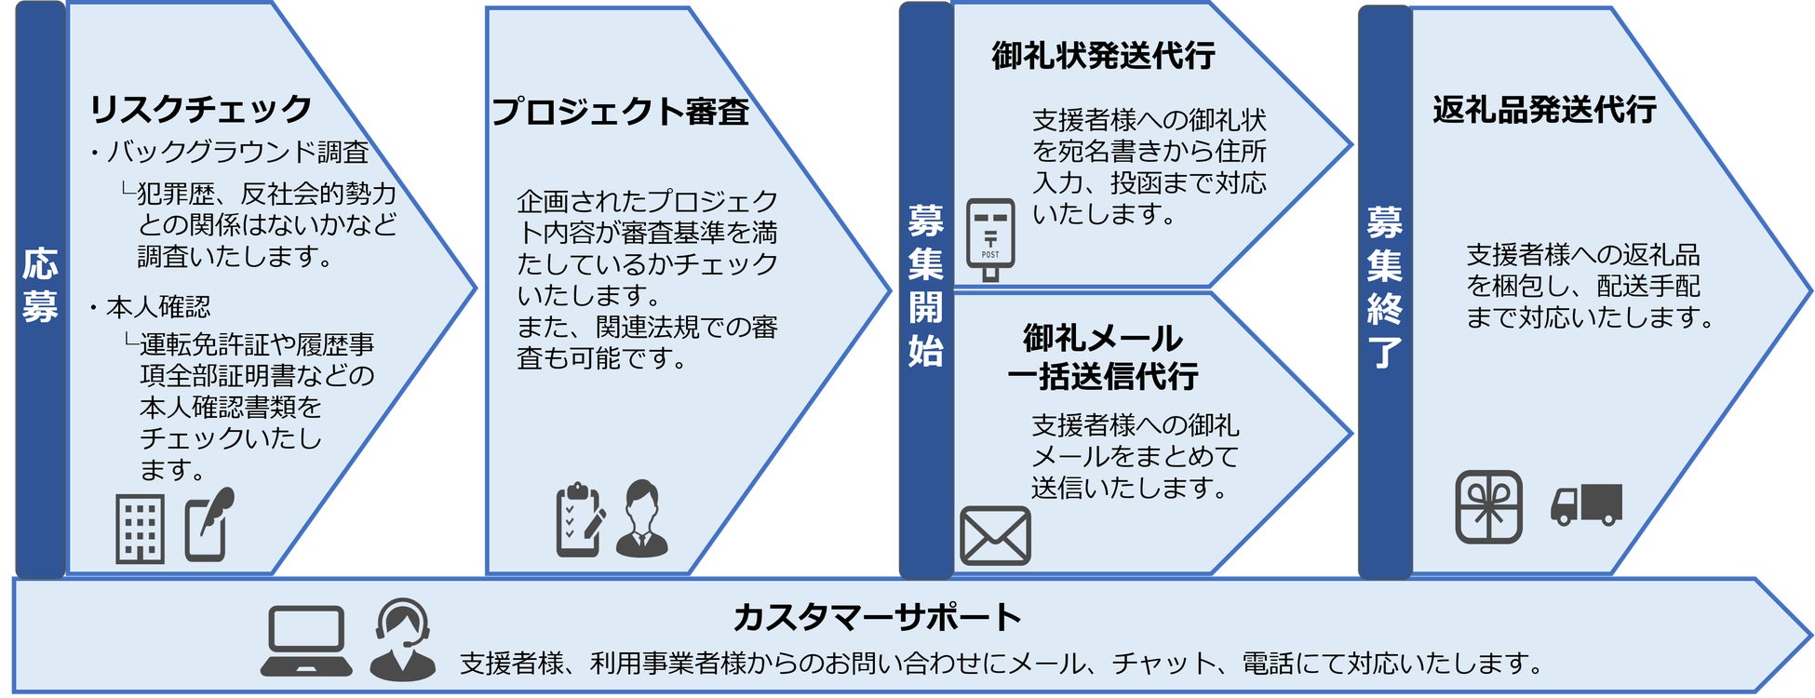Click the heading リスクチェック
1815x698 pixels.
[x=200, y=109]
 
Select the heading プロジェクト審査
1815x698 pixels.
[x=620, y=112]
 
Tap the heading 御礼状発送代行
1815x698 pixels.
[x=1103, y=56]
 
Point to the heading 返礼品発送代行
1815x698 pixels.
[x=1544, y=110]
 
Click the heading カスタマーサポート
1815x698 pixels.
[x=877, y=617]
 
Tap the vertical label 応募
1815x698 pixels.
[x=40, y=285]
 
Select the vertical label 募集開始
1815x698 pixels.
[x=925, y=286]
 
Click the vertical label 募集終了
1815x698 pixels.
[x=1384, y=287]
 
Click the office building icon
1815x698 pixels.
[x=140, y=529]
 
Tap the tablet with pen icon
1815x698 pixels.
[x=208, y=526]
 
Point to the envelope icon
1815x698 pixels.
[x=995, y=536]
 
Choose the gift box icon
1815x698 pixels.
[x=1488, y=507]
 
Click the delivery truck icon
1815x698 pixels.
[x=1586, y=504]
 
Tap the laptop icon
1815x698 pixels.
[x=306, y=640]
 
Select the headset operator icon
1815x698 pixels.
[x=402, y=639]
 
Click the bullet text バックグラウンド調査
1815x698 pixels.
[x=237, y=152]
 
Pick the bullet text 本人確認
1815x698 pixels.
[x=157, y=306]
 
